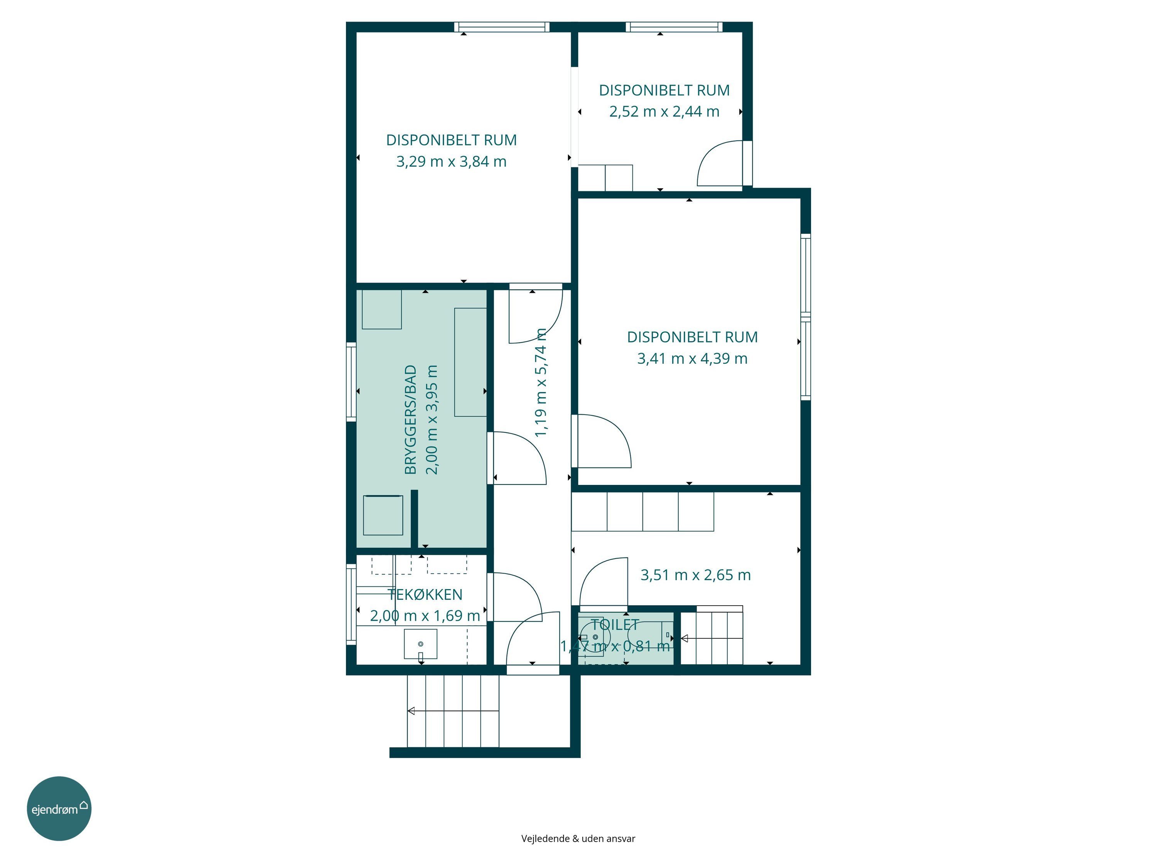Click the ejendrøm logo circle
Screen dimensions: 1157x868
[x=59, y=808]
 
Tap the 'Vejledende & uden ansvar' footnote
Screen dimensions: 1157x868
[x=578, y=839]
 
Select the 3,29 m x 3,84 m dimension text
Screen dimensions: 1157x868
[x=451, y=162]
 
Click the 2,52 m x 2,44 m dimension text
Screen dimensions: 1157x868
[x=664, y=112]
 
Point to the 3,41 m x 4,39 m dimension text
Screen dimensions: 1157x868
[x=692, y=359]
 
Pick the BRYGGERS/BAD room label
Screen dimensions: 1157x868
[x=411, y=420]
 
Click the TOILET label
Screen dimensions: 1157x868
[x=615, y=625]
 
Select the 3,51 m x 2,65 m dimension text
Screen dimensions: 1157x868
[x=696, y=576]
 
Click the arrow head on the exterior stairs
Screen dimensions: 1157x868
[x=411, y=711]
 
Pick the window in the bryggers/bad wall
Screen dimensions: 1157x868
[x=351, y=382]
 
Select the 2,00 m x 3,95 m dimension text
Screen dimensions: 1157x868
[x=432, y=420]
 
